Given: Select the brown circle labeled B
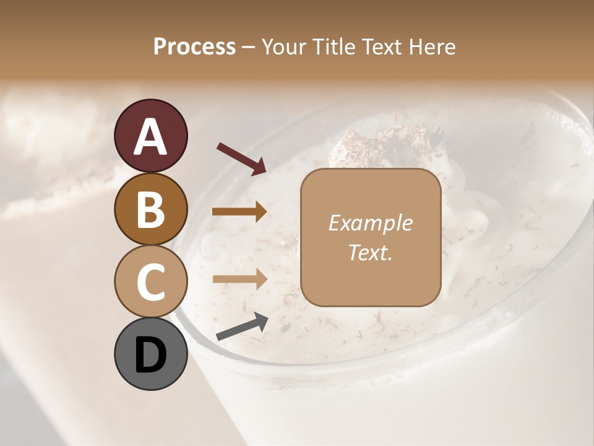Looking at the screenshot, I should point(151,209).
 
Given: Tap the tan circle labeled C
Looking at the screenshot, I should point(151,281).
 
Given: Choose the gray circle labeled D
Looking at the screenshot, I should point(151,354).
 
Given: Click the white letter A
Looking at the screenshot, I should point(151,136).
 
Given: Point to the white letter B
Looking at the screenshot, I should point(151,209).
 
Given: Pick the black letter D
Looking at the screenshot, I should point(151,355).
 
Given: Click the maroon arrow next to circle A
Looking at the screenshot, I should point(241,158).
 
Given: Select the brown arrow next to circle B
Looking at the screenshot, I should point(239,212).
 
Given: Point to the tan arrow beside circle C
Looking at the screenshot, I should point(239,279).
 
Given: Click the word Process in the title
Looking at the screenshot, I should point(194,46).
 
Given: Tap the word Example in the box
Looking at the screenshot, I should point(370,224).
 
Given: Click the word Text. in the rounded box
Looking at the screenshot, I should point(370,252).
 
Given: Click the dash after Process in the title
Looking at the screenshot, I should point(249,48).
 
